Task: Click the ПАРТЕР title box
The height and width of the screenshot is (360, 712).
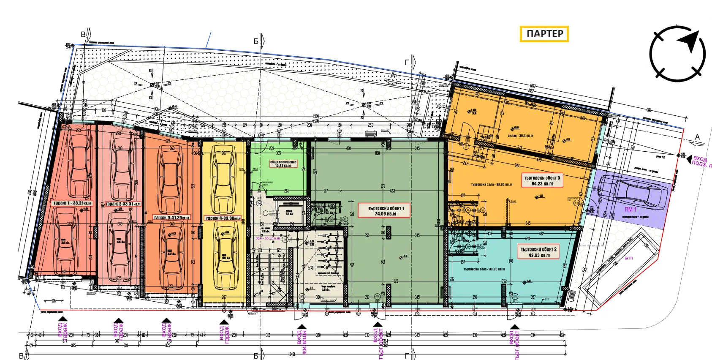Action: (x=544, y=34)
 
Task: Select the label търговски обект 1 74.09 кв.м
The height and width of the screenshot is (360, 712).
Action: (x=384, y=210)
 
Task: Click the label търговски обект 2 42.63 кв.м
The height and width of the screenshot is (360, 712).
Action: (x=538, y=252)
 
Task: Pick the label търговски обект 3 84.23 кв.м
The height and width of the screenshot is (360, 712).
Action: (x=542, y=180)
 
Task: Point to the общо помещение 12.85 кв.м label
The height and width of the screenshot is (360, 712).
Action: (x=283, y=164)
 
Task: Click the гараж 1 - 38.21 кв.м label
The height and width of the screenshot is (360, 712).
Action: (x=72, y=203)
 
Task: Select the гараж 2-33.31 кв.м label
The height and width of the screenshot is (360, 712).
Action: (x=123, y=204)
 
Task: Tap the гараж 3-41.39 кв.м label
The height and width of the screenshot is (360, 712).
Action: (x=171, y=218)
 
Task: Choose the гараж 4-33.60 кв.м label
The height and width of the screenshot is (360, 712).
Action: (x=223, y=218)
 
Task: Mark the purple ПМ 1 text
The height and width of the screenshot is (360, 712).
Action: (x=630, y=210)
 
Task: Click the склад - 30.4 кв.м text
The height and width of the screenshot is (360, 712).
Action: (x=520, y=136)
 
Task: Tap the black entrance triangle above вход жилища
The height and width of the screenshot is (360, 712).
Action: (x=302, y=327)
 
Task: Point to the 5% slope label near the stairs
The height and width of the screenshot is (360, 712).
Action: (x=310, y=268)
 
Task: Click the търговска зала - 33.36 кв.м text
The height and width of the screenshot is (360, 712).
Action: (x=484, y=269)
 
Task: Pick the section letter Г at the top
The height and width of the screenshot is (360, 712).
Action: (x=407, y=63)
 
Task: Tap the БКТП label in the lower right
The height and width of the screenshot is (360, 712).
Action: (x=629, y=258)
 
